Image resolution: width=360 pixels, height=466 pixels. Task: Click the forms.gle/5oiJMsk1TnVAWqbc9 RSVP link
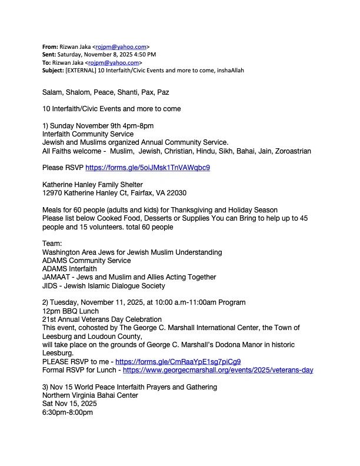click(148, 167)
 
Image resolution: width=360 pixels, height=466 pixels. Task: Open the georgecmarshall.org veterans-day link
click(218, 370)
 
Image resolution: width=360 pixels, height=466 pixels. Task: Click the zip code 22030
click(177, 192)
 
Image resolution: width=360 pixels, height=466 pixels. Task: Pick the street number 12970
click(53, 192)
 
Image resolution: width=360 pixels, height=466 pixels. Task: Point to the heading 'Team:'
click(52, 244)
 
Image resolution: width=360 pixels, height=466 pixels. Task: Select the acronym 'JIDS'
click(50, 286)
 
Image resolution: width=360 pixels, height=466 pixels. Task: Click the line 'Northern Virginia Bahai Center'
click(90, 395)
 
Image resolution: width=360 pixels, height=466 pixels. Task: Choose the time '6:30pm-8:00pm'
click(67, 412)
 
